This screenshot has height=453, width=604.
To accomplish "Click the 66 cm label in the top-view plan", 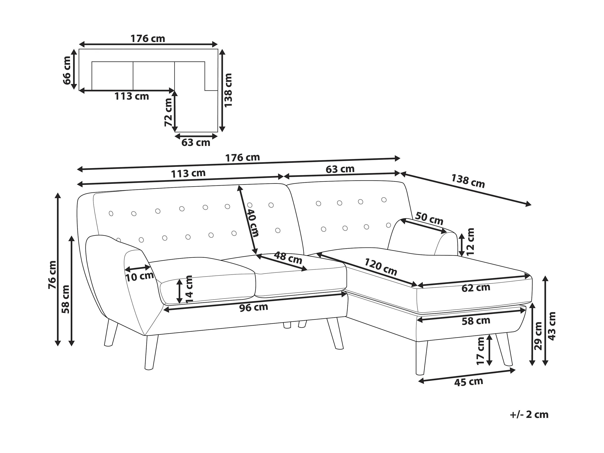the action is point(67,70).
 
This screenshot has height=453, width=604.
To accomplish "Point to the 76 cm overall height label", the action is point(52,275).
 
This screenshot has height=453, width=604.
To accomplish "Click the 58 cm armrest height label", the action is point(66,299).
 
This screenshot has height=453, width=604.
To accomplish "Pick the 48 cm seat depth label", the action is point(288,258).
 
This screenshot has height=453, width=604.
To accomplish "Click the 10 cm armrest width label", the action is point(139,277).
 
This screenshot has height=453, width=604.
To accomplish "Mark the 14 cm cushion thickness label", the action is point(189,289).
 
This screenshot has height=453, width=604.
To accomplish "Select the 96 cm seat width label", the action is point(254,307).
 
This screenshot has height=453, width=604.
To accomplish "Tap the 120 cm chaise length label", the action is point(381,267).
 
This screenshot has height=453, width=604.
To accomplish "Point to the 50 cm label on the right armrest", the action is point(429,219).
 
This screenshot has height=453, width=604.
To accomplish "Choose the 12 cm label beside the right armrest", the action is point(470,242).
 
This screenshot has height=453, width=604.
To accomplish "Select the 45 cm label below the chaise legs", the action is point(469,382).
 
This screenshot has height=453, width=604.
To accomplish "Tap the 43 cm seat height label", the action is point(552,326).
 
